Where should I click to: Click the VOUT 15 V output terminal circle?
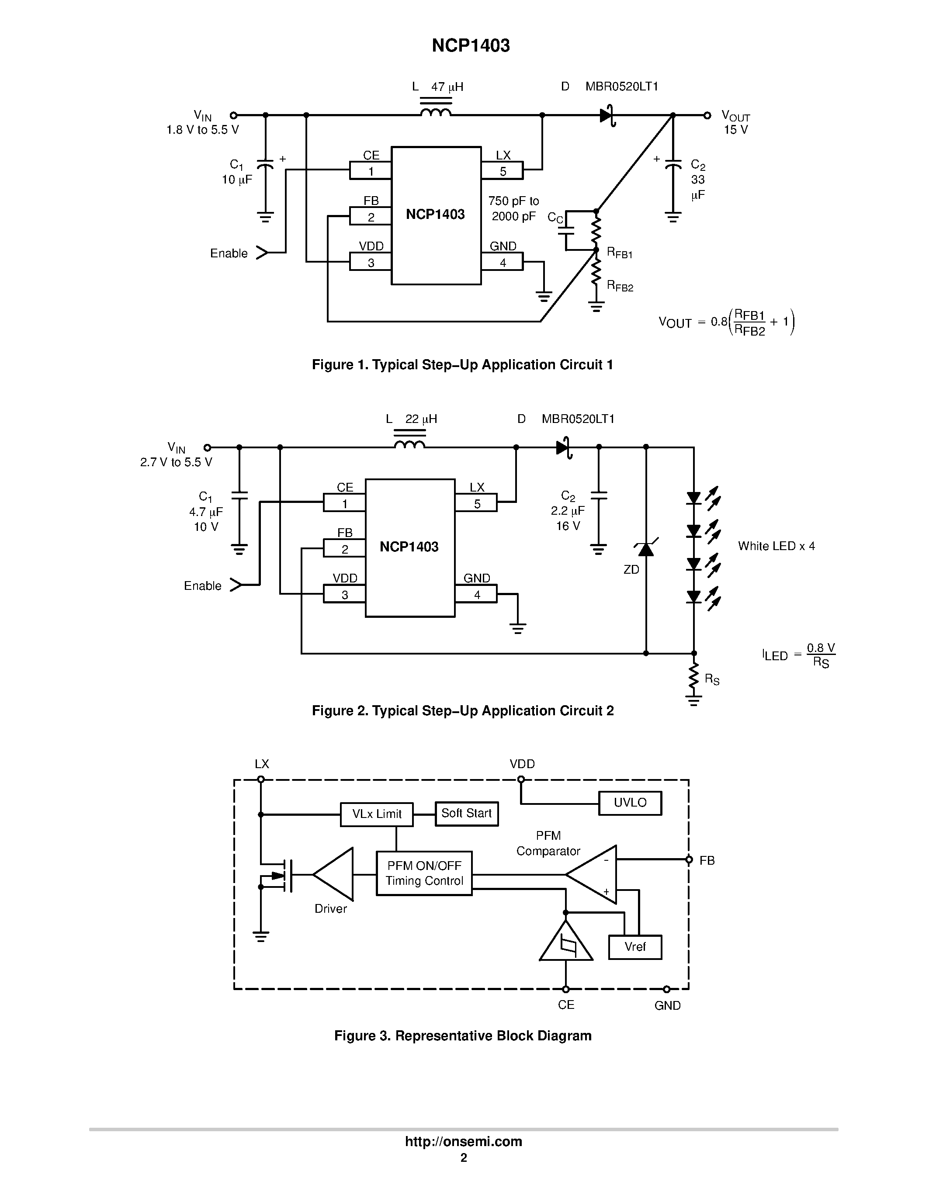coord(708,115)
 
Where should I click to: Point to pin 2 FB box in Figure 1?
coord(371,216)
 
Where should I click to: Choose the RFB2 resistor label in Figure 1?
coord(620,286)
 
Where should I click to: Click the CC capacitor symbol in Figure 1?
coord(566,231)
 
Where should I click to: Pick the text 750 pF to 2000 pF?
coord(513,208)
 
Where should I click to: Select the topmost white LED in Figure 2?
coord(694,498)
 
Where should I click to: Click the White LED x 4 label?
coord(776,546)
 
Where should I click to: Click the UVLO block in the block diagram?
coord(630,803)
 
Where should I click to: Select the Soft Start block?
coord(466,814)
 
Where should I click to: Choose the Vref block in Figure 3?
coord(634,947)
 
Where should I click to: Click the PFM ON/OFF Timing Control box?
coord(424,873)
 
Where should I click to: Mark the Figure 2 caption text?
coord(462,710)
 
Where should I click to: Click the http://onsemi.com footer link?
coord(463,1141)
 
